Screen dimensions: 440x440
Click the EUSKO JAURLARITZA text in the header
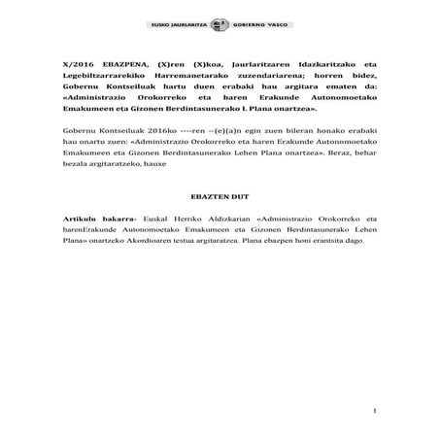(x=181, y=23)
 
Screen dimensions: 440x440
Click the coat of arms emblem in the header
(x=219, y=22)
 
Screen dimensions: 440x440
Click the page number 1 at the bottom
(x=373, y=413)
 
